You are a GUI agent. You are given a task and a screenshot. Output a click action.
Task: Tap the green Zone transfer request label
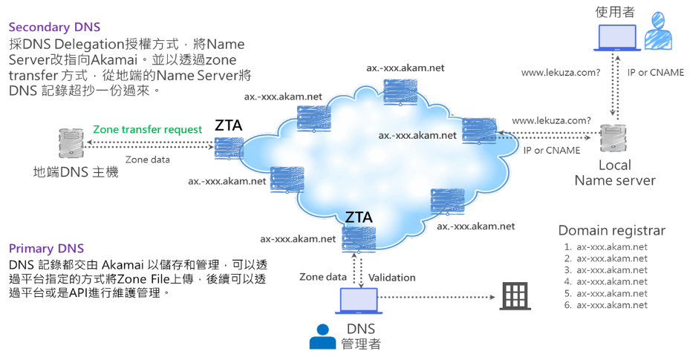click(x=147, y=129)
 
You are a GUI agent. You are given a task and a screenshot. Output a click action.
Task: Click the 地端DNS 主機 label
click(x=77, y=173)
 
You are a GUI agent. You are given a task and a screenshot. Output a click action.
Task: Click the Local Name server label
click(x=615, y=173)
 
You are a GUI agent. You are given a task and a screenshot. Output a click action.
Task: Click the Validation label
click(x=392, y=278)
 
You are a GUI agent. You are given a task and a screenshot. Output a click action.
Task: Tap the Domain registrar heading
click(x=611, y=230)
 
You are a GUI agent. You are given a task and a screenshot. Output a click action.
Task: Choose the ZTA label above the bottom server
click(x=359, y=217)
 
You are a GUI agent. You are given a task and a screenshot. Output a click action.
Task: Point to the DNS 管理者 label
click(x=361, y=336)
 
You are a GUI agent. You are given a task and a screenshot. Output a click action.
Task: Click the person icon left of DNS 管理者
click(x=322, y=337)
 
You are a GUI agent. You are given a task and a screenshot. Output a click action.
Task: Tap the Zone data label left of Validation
click(x=322, y=278)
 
